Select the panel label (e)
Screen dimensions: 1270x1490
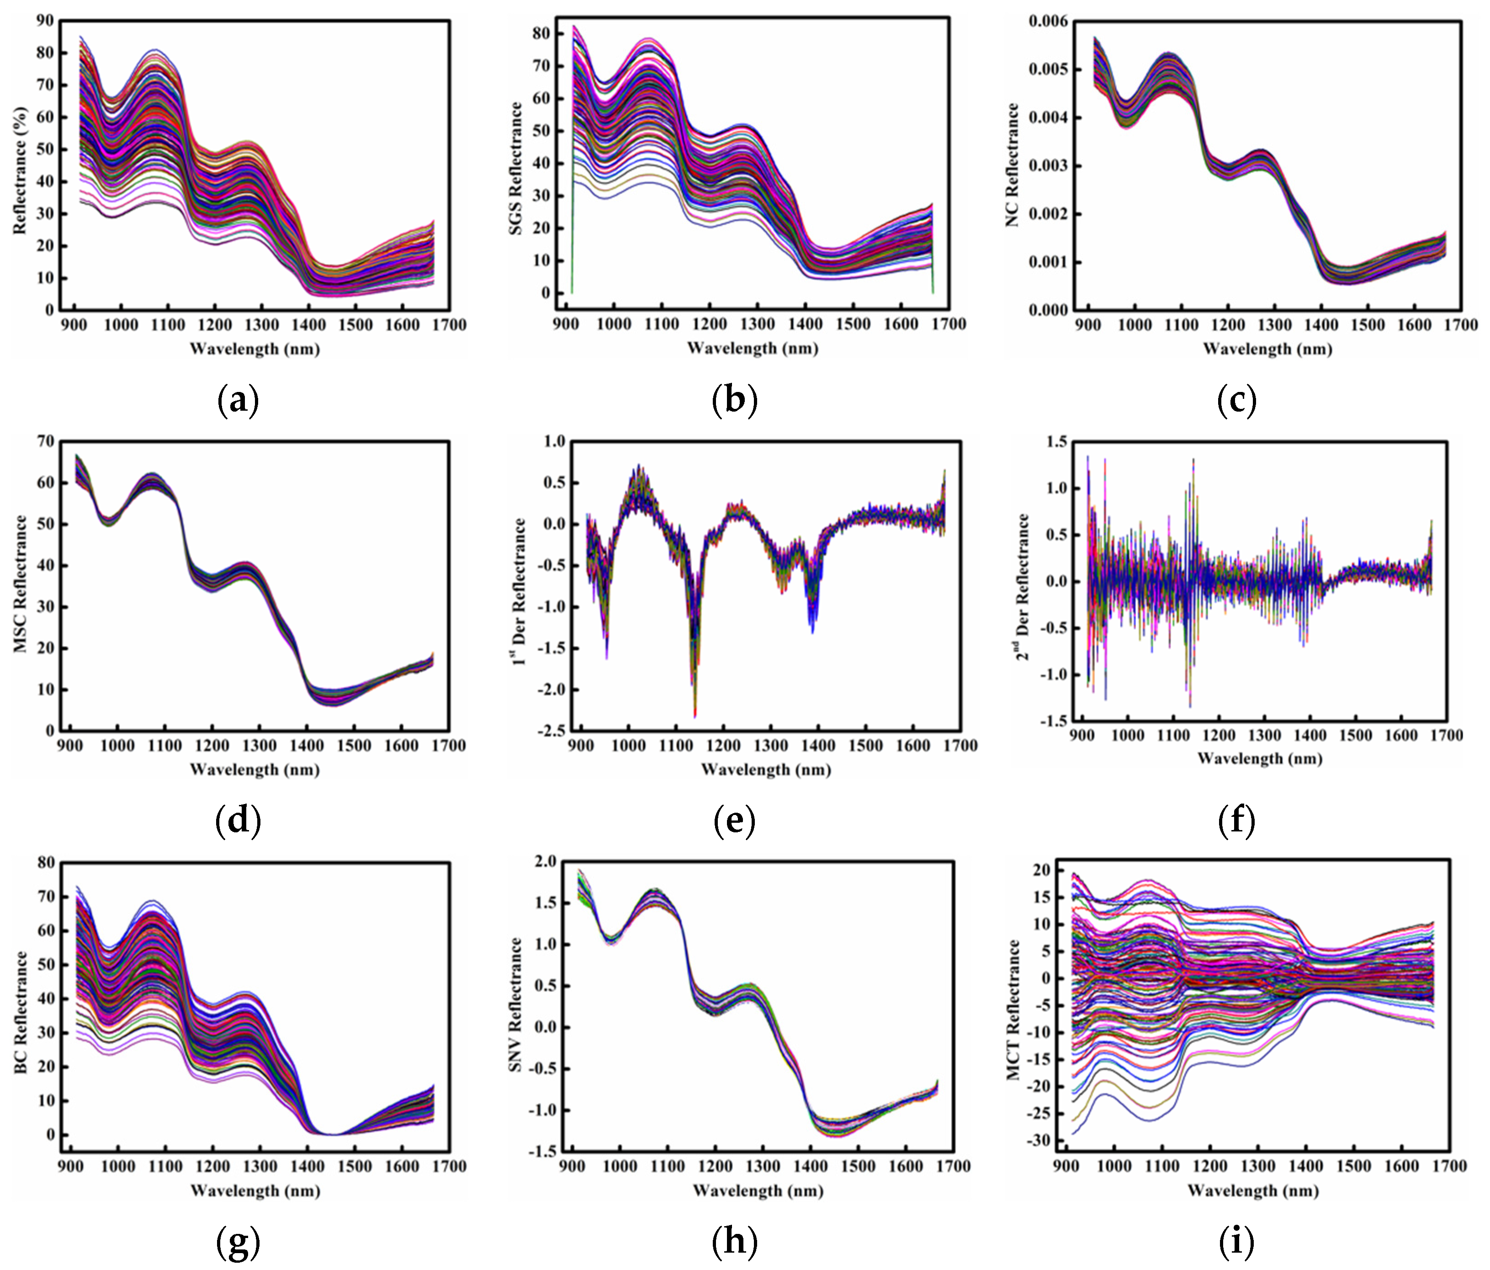click(x=734, y=820)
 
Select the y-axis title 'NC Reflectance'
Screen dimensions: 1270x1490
click(x=1013, y=165)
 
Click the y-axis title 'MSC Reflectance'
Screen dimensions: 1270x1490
click(x=20, y=584)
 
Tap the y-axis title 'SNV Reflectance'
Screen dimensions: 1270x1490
click(x=515, y=1005)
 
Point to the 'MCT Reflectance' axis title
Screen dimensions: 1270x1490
click(x=1013, y=1010)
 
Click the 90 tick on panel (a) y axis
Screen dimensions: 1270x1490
click(x=45, y=21)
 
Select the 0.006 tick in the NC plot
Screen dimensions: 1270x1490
click(x=1048, y=21)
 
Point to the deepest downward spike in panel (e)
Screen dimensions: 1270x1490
click(x=695, y=715)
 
